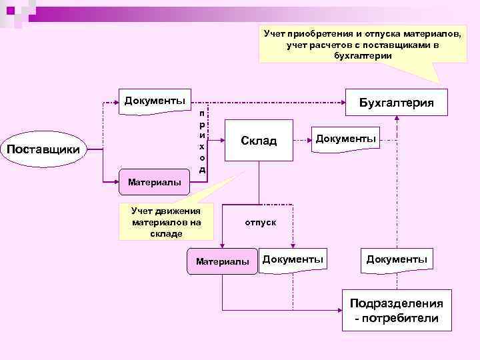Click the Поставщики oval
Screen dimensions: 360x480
click(47, 149)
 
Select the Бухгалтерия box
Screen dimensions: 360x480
click(396, 103)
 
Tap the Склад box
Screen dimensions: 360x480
click(259, 141)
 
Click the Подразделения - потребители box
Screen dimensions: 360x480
click(396, 310)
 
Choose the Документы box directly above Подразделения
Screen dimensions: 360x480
click(396, 258)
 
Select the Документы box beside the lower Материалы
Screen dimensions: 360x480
click(293, 258)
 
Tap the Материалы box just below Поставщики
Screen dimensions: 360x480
click(154, 182)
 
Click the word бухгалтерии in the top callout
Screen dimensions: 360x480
click(363, 56)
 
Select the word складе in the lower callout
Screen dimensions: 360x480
click(162, 233)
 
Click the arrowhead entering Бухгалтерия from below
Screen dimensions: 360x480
click(396, 118)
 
